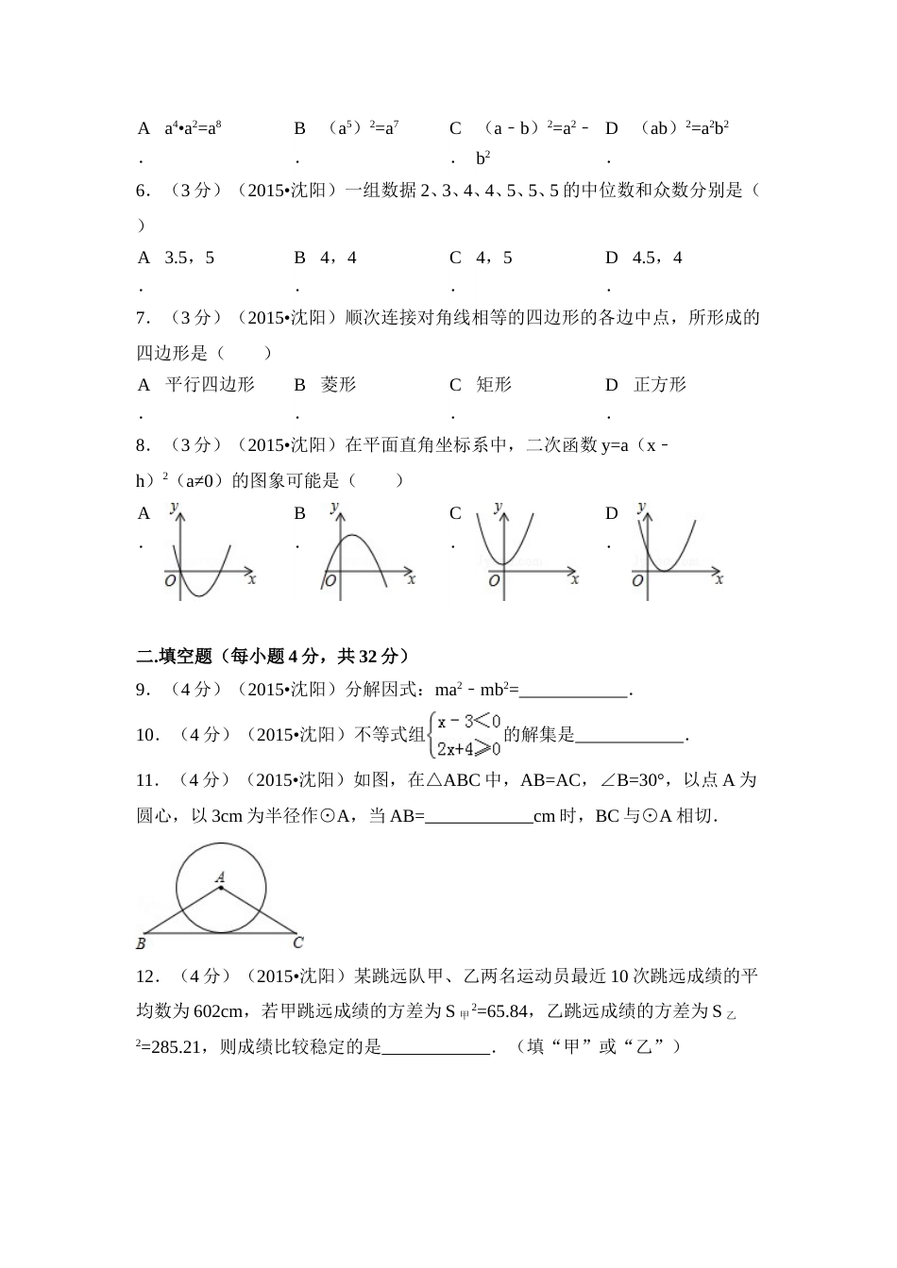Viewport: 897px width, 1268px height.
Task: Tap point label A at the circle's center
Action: (x=220, y=876)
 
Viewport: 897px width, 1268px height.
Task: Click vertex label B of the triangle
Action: (x=141, y=943)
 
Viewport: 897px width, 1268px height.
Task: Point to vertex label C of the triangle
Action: (x=297, y=942)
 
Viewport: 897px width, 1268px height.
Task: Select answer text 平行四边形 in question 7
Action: (x=210, y=385)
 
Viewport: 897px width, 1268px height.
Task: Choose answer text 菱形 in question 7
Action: (x=339, y=385)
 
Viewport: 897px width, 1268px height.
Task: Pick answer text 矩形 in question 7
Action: (x=494, y=385)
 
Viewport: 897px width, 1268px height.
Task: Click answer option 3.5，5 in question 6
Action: (x=190, y=258)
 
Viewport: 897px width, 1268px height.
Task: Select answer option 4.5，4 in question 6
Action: (x=657, y=258)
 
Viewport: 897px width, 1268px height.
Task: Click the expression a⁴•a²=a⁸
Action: (x=194, y=128)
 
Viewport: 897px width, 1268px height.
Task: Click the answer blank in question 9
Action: (x=574, y=692)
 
